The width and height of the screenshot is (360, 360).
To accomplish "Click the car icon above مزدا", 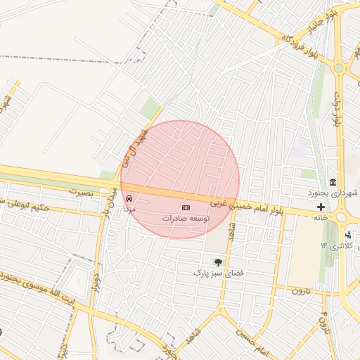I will click(x=128, y=199).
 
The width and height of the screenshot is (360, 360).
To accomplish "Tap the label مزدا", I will click(x=129, y=210).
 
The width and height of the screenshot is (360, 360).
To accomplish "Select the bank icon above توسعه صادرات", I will click(x=186, y=208).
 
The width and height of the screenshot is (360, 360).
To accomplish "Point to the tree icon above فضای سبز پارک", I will click(x=217, y=262).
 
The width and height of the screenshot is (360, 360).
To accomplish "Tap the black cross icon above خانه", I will click(x=321, y=207).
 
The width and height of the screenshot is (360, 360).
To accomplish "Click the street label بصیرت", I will click(x=81, y=191).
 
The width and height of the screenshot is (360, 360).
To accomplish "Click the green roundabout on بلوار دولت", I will click(x=338, y=68).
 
